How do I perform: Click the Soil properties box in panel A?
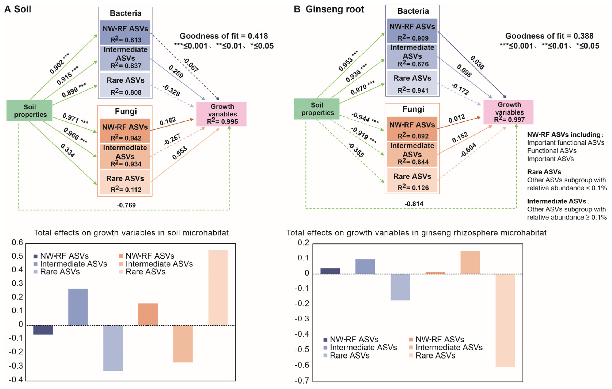pos(29,111)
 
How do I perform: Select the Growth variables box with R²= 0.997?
pos(508,112)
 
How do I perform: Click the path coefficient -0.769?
pos(126,205)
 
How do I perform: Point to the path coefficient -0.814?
pos(414,204)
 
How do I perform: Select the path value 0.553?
pos(179,153)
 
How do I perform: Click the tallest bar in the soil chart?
pos(218,287)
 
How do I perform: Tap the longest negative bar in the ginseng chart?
pos(505,320)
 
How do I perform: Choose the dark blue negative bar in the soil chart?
pos(43,330)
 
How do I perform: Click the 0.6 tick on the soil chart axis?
pos(17,243)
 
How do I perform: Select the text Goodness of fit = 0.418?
pos(224,36)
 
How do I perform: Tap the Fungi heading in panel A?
pos(126,111)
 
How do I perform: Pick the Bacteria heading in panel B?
pos(413,11)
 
